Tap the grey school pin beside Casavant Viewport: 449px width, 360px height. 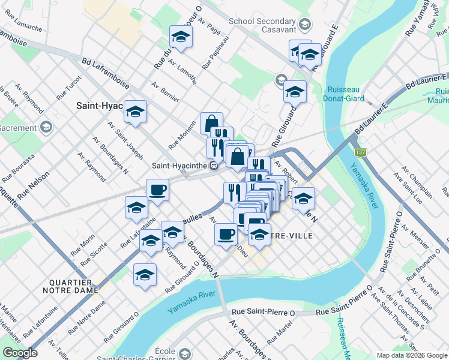click(305, 25)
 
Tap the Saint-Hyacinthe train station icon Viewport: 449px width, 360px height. click(212, 165)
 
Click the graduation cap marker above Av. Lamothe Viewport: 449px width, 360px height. click(180, 37)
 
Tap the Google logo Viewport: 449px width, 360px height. click(19, 353)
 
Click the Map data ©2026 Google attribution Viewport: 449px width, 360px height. click(411, 355)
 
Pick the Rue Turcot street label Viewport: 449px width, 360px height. click(68, 92)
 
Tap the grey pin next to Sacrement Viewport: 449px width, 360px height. click(46, 127)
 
